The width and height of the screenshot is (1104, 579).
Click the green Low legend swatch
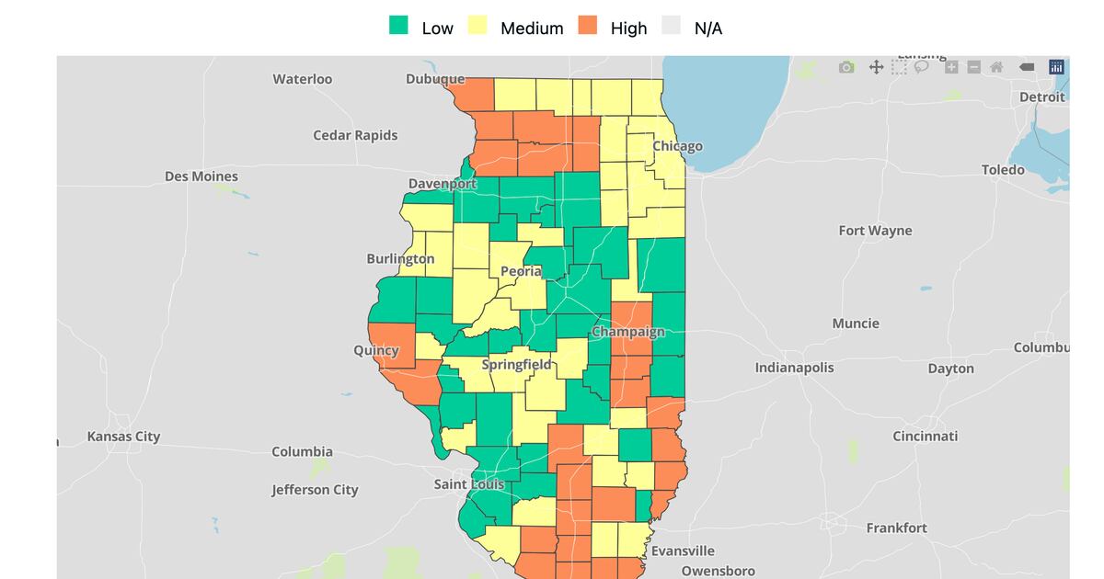(397, 26)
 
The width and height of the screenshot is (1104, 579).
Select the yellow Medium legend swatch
(477, 26)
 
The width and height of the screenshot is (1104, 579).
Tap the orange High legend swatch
(587, 26)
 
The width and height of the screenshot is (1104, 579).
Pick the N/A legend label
(707, 28)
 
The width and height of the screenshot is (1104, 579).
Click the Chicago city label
(677, 146)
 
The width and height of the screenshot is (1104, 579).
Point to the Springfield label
(516, 364)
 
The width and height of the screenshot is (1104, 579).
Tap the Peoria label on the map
(521, 271)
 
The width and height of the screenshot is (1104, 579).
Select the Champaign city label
(627, 332)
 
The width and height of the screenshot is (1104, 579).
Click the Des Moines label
(201, 176)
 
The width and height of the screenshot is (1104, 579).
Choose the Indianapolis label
(794, 368)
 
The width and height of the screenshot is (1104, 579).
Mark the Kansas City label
(123, 437)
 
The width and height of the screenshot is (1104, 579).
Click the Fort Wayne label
(875, 231)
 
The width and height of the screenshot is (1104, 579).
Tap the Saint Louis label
(469, 483)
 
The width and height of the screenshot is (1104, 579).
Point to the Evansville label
(683, 551)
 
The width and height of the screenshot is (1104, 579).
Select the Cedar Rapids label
(355, 135)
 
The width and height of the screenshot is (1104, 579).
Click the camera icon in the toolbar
(846, 67)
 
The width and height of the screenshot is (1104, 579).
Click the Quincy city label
(376, 350)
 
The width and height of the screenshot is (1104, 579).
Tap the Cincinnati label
(925, 436)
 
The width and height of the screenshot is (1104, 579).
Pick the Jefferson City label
(315, 490)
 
